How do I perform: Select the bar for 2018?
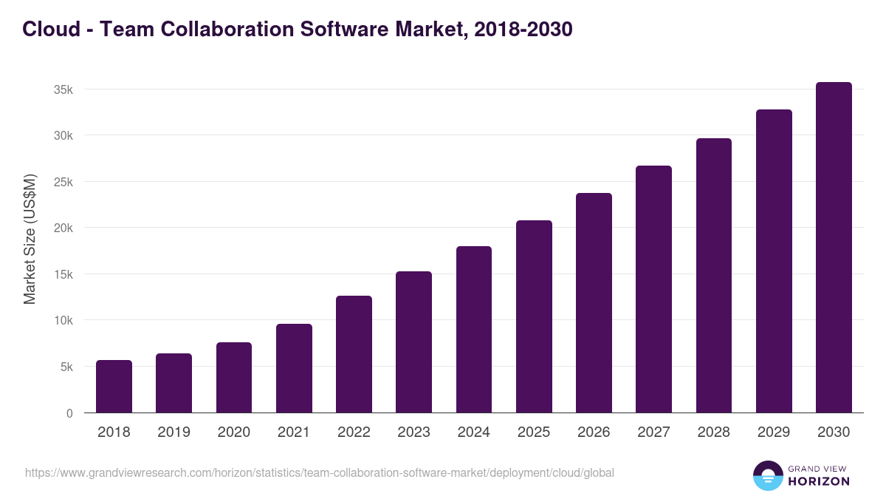(x=114, y=386)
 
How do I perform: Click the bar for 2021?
(x=294, y=368)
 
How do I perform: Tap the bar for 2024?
(x=474, y=329)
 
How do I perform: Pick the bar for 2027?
(x=653, y=289)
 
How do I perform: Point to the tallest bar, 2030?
(x=834, y=247)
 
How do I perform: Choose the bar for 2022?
(x=354, y=354)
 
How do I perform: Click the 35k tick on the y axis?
(x=63, y=89)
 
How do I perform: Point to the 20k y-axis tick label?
(x=63, y=228)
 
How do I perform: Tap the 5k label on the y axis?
(x=66, y=367)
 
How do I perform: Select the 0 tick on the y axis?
(x=69, y=413)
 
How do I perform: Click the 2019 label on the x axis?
(x=174, y=432)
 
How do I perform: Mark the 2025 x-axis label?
(x=534, y=432)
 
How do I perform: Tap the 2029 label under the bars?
(x=774, y=432)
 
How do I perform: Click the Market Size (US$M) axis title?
(x=30, y=239)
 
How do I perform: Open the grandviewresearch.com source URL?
(x=319, y=472)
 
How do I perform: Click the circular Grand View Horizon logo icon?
(x=768, y=475)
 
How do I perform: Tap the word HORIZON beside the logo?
(x=819, y=481)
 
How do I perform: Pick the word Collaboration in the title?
(x=218, y=29)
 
